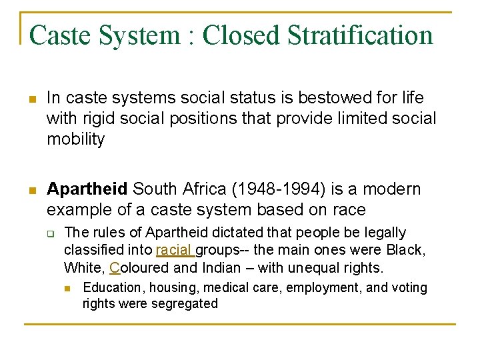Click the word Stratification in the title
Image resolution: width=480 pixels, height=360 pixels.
(x=360, y=35)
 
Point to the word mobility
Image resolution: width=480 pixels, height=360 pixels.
(x=75, y=139)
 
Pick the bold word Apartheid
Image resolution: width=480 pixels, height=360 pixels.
(x=87, y=189)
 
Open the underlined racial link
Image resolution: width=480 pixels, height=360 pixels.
(x=175, y=251)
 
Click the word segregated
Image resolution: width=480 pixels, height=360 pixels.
(x=184, y=304)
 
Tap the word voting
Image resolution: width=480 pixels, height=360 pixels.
(x=409, y=287)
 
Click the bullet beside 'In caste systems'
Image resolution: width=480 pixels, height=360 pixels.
(x=32, y=100)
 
